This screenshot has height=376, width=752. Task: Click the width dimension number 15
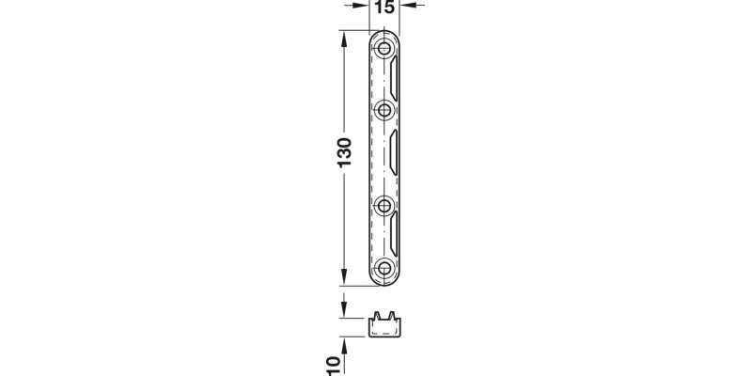click(384, 8)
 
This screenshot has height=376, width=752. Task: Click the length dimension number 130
click(344, 152)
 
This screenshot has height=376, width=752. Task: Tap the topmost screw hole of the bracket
click(384, 49)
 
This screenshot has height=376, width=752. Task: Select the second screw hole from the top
click(384, 110)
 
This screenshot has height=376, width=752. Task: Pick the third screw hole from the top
click(384, 206)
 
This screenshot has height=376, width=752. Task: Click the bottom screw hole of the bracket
click(384, 268)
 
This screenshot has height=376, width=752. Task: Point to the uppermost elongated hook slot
click(394, 79)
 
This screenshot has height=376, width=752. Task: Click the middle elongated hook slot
click(394, 152)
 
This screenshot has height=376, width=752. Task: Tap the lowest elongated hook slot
click(394, 234)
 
